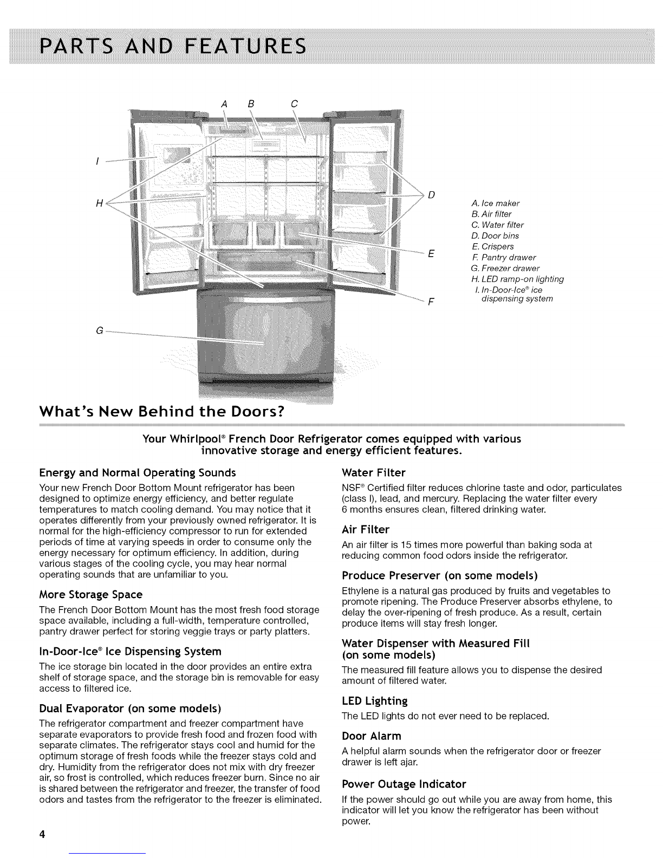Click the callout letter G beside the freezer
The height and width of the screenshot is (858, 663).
point(99,330)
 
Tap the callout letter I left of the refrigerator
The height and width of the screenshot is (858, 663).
point(96,161)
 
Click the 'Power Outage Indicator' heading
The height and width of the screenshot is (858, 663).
point(404,784)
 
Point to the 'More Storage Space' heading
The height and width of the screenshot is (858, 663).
point(91,594)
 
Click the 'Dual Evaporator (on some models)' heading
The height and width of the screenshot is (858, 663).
point(130,708)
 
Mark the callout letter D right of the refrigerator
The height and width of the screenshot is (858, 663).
point(432,195)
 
